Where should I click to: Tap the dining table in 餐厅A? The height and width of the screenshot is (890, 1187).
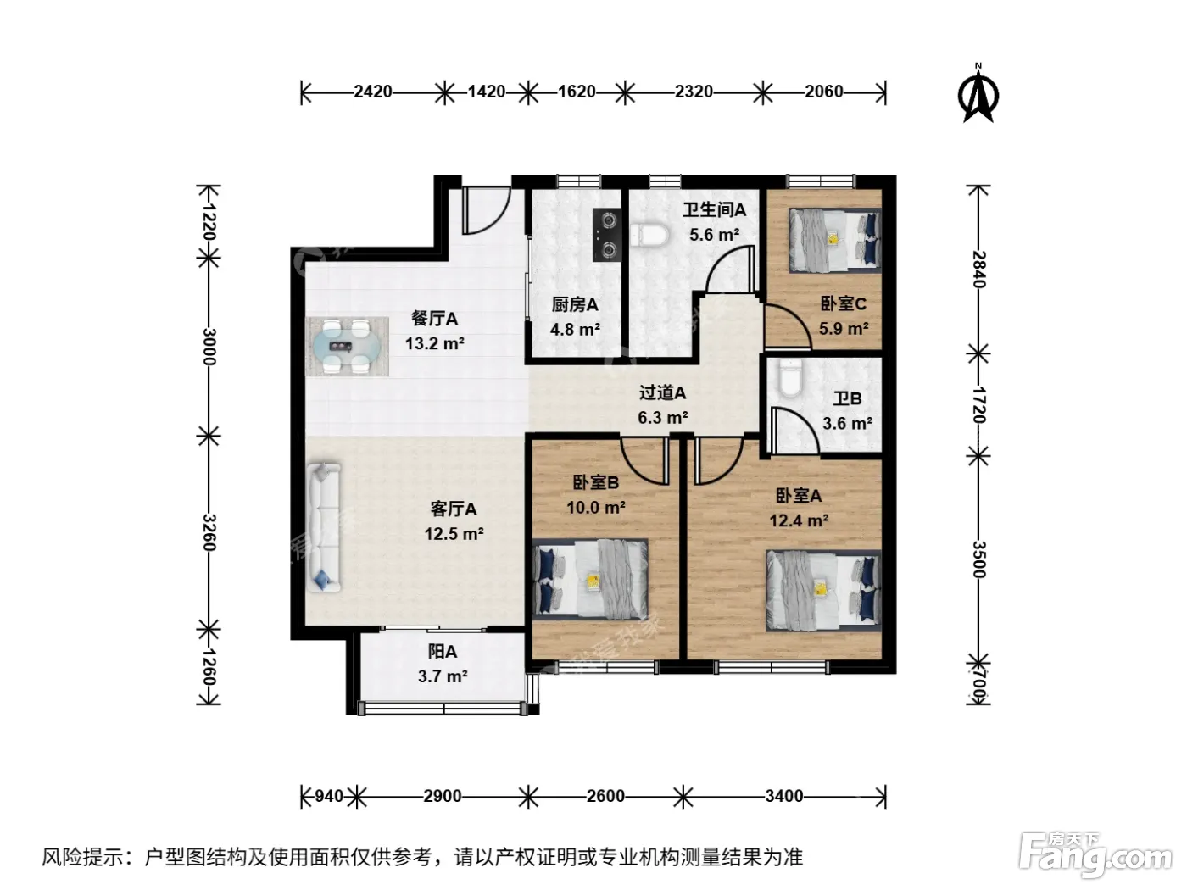[347, 347]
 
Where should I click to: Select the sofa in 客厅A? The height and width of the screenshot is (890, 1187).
[324, 526]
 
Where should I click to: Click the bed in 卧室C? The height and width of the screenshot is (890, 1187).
[834, 240]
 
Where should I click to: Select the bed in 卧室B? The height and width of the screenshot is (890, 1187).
[590, 579]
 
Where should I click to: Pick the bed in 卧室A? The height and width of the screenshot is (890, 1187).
[823, 591]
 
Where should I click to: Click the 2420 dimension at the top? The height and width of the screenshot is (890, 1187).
[372, 92]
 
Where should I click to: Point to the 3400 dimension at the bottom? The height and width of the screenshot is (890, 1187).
[784, 797]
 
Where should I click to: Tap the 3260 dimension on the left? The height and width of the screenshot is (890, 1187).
[209, 532]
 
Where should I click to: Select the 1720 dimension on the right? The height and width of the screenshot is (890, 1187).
[979, 405]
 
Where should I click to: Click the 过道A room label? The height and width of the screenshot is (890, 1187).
[662, 392]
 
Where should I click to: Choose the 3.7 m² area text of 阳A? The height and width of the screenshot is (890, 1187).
[443, 676]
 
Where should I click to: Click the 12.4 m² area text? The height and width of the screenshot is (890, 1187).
[799, 520]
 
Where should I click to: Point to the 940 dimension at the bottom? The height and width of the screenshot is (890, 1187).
[329, 797]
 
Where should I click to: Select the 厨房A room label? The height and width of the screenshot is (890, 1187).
[575, 305]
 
